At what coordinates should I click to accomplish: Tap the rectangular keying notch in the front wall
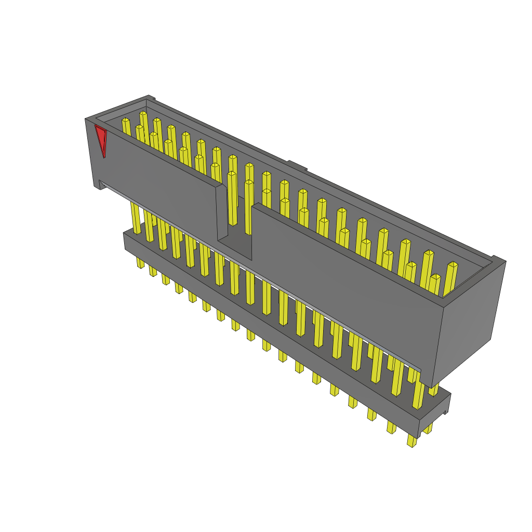click(x=234, y=218)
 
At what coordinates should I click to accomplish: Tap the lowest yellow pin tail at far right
click(x=411, y=441)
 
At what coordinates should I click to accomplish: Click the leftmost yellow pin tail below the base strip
click(x=140, y=262)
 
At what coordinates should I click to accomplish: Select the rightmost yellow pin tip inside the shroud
click(x=453, y=265)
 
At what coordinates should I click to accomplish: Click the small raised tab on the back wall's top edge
click(x=296, y=166)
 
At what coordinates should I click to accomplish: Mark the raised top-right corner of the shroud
click(x=498, y=260)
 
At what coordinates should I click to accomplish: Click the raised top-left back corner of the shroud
click(x=150, y=98)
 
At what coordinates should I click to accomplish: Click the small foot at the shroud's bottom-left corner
click(x=102, y=185)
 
